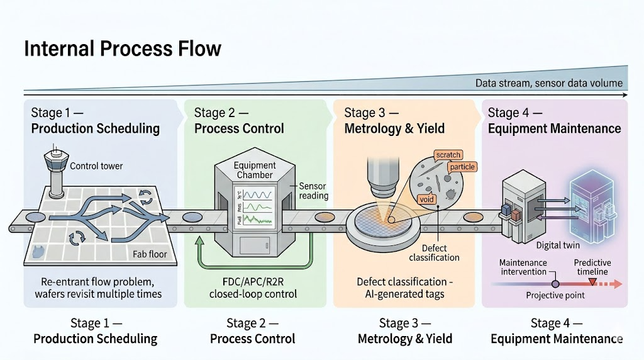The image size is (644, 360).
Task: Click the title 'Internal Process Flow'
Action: click(122, 48)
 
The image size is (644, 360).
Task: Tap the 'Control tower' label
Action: click(97, 167)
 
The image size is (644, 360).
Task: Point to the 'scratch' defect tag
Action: click(448, 155)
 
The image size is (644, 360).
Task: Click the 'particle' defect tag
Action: click(462, 167)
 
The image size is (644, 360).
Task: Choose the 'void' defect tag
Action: click(426, 200)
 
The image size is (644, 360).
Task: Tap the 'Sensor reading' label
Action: click(313, 191)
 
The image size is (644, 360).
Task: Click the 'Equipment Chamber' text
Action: click(255, 171)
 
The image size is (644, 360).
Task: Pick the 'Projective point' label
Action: click(555, 295)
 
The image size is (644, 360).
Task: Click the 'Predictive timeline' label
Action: click(592, 267)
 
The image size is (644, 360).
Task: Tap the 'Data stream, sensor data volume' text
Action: click(548, 83)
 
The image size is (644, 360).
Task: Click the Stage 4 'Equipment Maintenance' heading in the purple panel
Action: click(554, 128)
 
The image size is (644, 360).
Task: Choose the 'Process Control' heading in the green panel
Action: click(239, 128)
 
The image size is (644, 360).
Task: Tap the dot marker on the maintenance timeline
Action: click(555, 284)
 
